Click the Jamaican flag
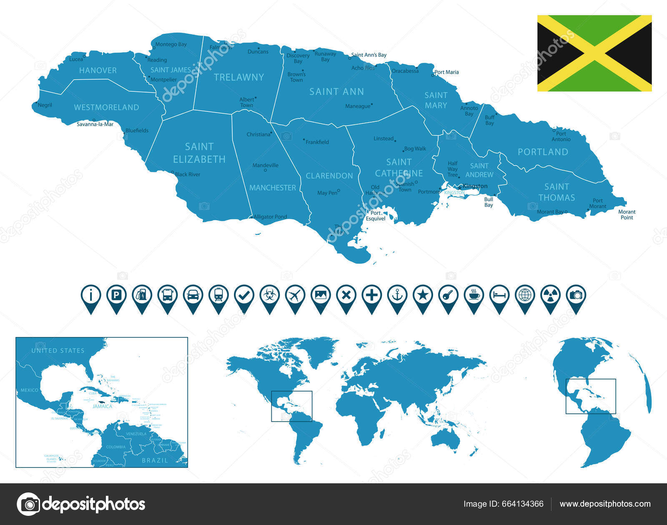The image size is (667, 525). [594, 53]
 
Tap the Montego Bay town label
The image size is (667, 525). [171, 44]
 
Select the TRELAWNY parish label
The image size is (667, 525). [239, 77]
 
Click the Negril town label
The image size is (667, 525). [45, 105]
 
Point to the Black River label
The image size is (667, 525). [188, 174]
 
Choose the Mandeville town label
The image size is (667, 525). [265, 166]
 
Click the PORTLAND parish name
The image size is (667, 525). [543, 152]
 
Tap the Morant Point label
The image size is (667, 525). [627, 214]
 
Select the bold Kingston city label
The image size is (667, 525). [475, 186]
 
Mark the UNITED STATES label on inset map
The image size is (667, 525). [58, 351]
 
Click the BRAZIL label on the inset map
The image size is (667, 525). [155, 460]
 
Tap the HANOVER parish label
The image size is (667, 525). [98, 70]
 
